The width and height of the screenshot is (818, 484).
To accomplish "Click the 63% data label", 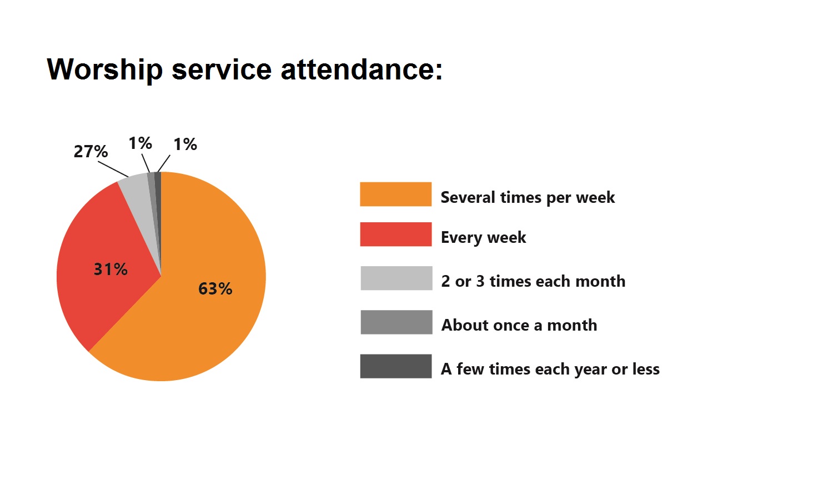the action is (x=215, y=288).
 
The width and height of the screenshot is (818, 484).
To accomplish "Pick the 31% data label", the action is (x=111, y=269).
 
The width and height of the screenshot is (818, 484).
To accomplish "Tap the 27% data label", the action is (x=91, y=151).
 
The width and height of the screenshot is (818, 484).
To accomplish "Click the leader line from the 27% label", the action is (x=113, y=169).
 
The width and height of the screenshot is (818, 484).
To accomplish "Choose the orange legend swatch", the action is (x=396, y=194).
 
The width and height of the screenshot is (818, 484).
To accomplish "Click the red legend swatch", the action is (x=396, y=234).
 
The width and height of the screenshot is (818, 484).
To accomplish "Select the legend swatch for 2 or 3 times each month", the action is (x=396, y=278).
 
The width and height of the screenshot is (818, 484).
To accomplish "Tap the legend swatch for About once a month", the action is (x=396, y=322).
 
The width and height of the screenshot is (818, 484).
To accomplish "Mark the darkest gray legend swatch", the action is (x=396, y=366).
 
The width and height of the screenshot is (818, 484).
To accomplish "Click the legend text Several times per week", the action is (x=528, y=198).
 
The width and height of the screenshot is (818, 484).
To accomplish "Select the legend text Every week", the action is (x=484, y=237).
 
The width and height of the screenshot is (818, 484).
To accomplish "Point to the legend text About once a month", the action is (x=519, y=325).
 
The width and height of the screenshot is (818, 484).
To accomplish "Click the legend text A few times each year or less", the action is (x=550, y=370).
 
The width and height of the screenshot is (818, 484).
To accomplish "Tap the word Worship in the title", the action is (x=105, y=69).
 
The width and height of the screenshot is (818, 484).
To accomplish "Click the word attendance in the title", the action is (x=362, y=69).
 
